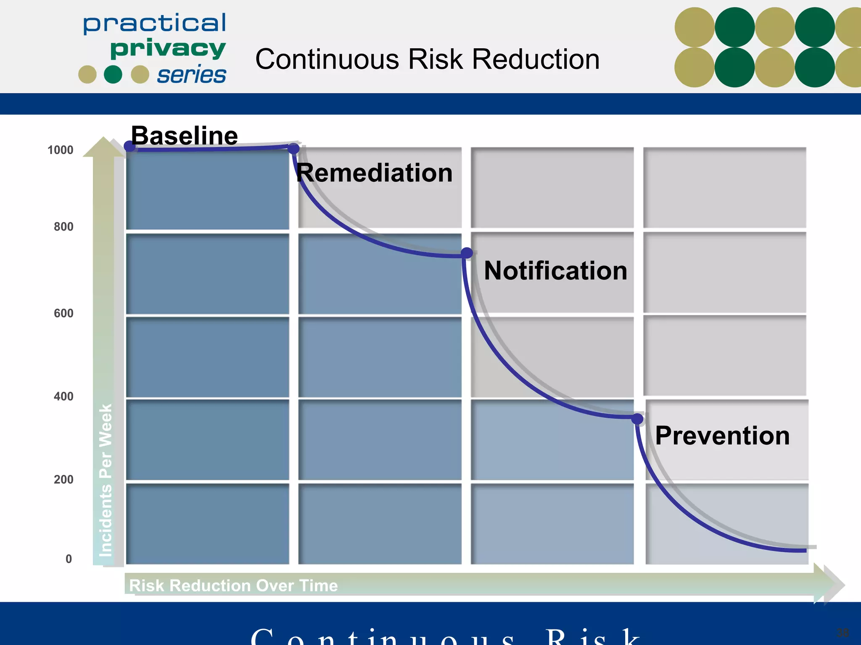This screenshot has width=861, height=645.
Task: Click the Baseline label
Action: (x=184, y=136)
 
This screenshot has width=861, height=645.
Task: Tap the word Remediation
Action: (x=374, y=173)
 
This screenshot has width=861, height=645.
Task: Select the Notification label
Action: (x=555, y=270)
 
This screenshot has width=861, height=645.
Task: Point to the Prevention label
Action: (x=722, y=435)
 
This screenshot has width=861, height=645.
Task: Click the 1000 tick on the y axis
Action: (x=60, y=150)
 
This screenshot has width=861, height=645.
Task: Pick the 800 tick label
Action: (x=63, y=227)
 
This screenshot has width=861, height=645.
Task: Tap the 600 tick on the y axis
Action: (x=63, y=313)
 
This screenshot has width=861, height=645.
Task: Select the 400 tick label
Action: (x=63, y=396)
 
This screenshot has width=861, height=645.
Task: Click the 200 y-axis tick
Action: (x=63, y=480)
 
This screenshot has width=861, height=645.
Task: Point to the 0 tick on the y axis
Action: (x=69, y=559)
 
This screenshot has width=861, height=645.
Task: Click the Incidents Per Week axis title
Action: (x=105, y=480)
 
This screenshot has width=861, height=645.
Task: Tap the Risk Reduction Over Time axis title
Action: (x=233, y=585)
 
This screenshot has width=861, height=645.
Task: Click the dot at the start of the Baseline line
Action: (x=129, y=146)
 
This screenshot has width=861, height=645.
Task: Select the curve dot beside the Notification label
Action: (x=467, y=253)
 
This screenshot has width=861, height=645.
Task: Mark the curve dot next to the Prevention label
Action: (x=637, y=419)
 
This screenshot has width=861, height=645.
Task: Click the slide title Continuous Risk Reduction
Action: (x=427, y=59)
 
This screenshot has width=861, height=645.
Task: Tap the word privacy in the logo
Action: (x=168, y=49)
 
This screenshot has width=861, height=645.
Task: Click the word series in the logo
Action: (x=192, y=75)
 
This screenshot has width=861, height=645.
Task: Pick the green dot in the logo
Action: (x=113, y=74)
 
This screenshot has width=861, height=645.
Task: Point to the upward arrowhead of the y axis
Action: (x=103, y=147)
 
